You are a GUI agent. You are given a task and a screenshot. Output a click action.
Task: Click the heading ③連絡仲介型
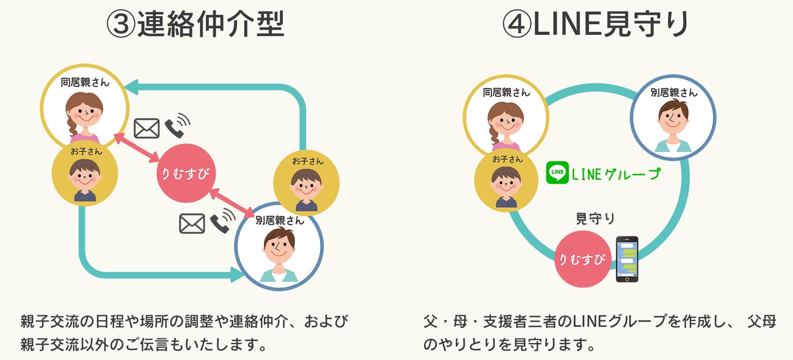click(x=195, y=24)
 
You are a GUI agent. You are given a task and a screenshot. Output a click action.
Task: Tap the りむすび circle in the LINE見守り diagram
click(x=583, y=260)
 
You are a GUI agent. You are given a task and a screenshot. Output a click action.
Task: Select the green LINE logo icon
click(x=557, y=172)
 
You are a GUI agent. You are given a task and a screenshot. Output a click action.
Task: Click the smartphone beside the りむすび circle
click(x=627, y=259)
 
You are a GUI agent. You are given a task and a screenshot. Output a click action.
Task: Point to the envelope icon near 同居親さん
click(x=146, y=128)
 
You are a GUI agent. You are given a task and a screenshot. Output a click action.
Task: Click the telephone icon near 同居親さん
click(x=176, y=126)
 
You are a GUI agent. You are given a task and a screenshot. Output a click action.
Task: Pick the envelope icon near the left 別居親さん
click(x=192, y=224)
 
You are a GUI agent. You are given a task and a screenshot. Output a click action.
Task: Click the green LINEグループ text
click(x=616, y=173)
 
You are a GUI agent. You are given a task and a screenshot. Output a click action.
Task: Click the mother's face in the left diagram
click(x=85, y=112)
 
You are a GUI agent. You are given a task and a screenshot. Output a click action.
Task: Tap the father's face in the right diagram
click(x=673, y=119)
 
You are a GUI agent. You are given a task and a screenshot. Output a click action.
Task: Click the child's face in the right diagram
click(x=506, y=181)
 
